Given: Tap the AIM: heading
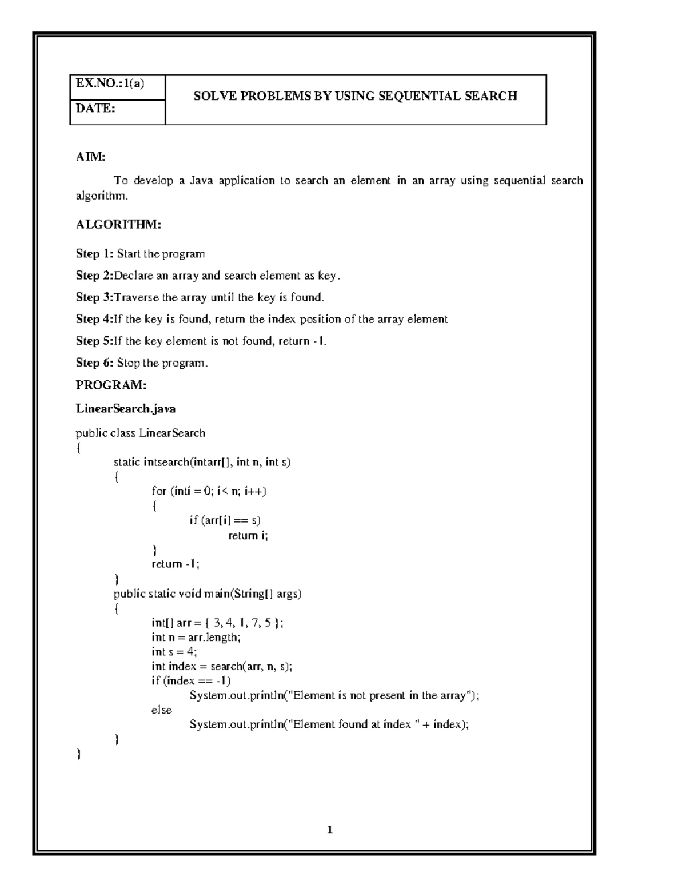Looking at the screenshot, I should [91, 157].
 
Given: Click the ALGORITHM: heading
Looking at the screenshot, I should [118, 225].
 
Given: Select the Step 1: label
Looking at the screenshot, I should [95, 253].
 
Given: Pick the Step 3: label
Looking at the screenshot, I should [95, 297].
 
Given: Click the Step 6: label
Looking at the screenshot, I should [95, 363].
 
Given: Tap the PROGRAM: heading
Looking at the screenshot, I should [111, 385].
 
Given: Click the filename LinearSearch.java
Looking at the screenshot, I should [126, 409].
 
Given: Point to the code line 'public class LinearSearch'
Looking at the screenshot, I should [141, 433].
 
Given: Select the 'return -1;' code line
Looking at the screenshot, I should [176, 564].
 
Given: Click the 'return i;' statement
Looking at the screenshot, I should [248, 536].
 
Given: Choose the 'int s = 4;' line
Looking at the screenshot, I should [174, 652].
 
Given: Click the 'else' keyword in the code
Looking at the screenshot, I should [162, 710].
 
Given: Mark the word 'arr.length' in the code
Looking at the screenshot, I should [214, 637].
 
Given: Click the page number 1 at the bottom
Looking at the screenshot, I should [330, 830].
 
